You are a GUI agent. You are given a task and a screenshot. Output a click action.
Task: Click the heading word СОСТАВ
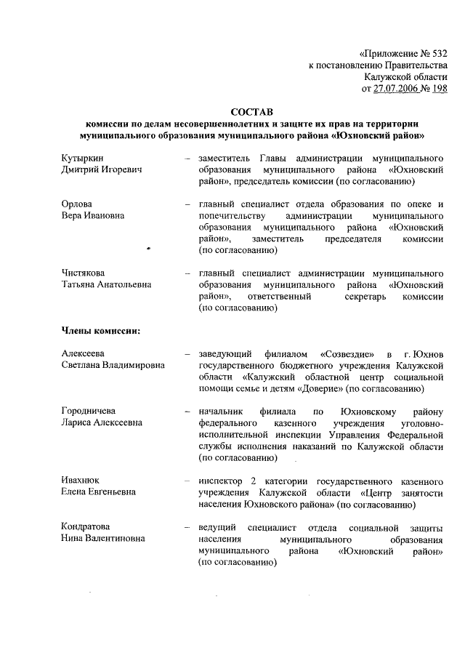click(x=251, y=112)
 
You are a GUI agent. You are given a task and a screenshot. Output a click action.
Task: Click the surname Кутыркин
click(x=82, y=157)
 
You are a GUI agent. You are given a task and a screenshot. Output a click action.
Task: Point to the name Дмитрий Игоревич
click(x=100, y=169)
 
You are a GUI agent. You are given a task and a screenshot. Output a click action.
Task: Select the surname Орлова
click(x=77, y=204)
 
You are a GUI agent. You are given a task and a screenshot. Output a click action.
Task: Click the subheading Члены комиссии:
click(x=100, y=331)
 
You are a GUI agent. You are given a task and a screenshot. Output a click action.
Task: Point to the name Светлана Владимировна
click(x=113, y=366)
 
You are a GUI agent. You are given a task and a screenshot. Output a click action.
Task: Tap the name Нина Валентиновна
click(x=102, y=539)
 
